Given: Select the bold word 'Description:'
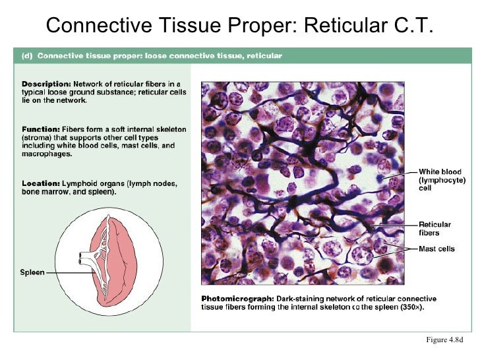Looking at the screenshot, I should (46, 84).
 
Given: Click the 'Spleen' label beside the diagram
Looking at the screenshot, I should (32, 272).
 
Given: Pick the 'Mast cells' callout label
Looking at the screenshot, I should (436, 249).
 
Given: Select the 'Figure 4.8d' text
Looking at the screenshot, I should (445, 340).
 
